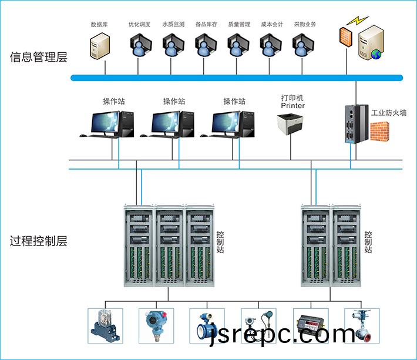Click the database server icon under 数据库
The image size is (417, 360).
coord(100,46)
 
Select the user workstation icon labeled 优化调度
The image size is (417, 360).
coord(141,45)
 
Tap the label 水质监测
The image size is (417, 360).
coord(173,25)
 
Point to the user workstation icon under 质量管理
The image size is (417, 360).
coord(238,45)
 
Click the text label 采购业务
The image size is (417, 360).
coord(305,25)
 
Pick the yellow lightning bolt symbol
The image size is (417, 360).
coord(358,21)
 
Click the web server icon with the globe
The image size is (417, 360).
coord(371,42)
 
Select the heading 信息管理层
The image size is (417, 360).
coord(39,57)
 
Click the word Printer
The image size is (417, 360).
coord(293,106)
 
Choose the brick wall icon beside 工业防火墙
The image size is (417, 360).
coord(379,132)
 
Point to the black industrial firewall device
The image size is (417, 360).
coord(357,124)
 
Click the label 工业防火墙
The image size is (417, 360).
coord(389,113)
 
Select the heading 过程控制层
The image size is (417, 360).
coord(39,241)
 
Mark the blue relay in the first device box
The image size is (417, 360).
coord(105,326)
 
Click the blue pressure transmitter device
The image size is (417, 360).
coord(156,325)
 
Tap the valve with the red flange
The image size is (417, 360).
coord(362,326)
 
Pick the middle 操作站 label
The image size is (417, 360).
coord(174,101)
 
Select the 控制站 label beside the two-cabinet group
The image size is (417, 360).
coord(368,242)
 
